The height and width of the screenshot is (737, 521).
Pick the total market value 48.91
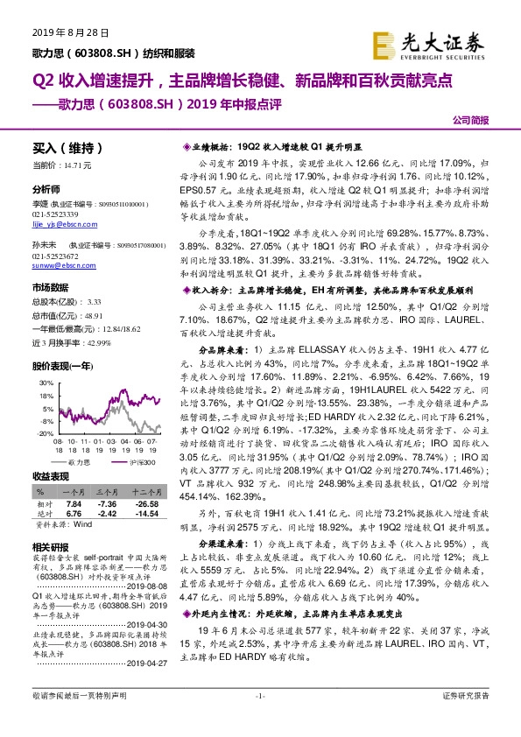click(91, 312)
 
